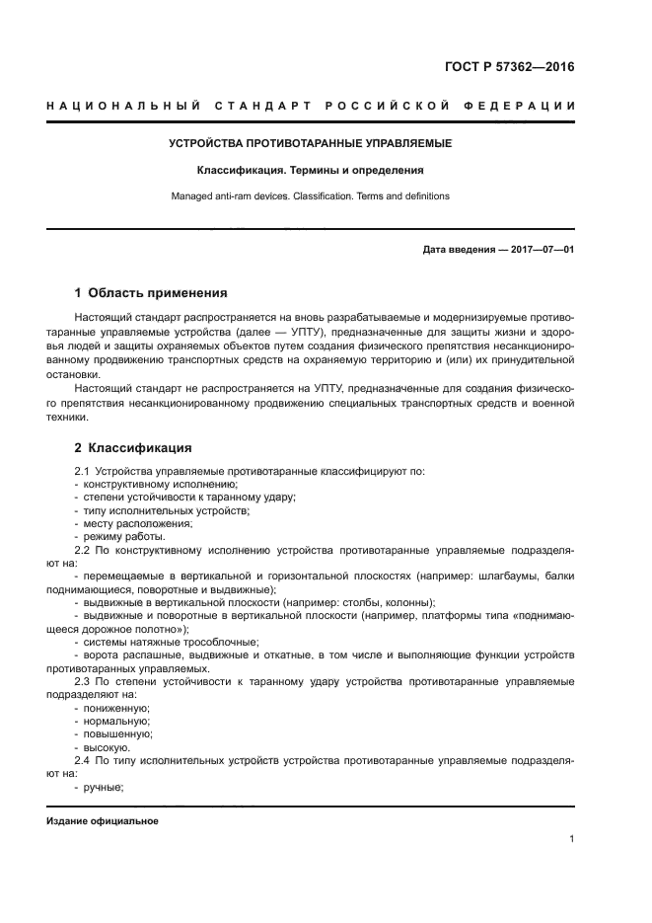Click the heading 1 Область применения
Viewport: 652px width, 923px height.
click(x=152, y=293)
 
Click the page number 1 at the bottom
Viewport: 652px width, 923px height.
click(x=571, y=839)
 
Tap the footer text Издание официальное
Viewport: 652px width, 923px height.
click(x=103, y=821)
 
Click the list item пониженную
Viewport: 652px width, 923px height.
click(x=117, y=708)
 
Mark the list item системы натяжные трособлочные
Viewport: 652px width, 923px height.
click(x=157, y=642)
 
